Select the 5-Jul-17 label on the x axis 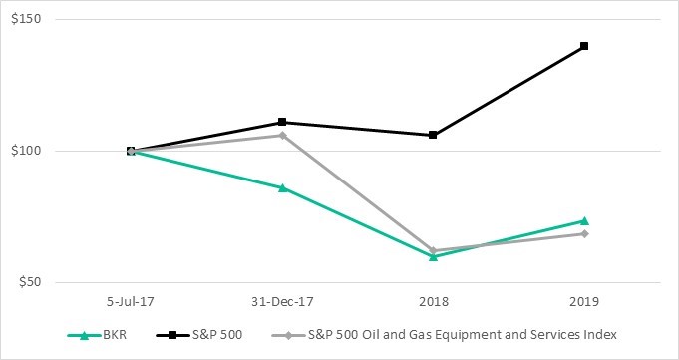click(131, 301)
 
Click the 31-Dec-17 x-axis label click(282, 301)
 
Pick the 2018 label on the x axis click(433, 301)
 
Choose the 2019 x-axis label click(584, 301)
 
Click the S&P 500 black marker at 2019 click(584, 46)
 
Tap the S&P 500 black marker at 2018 click(433, 135)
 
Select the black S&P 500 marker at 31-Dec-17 click(282, 122)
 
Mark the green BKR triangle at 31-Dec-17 click(282, 187)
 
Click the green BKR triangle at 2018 click(433, 256)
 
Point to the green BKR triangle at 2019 click(584, 220)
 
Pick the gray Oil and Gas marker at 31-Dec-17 click(282, 135)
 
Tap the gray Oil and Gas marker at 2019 click(584, 234)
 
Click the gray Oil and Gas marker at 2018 click(433, 250)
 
